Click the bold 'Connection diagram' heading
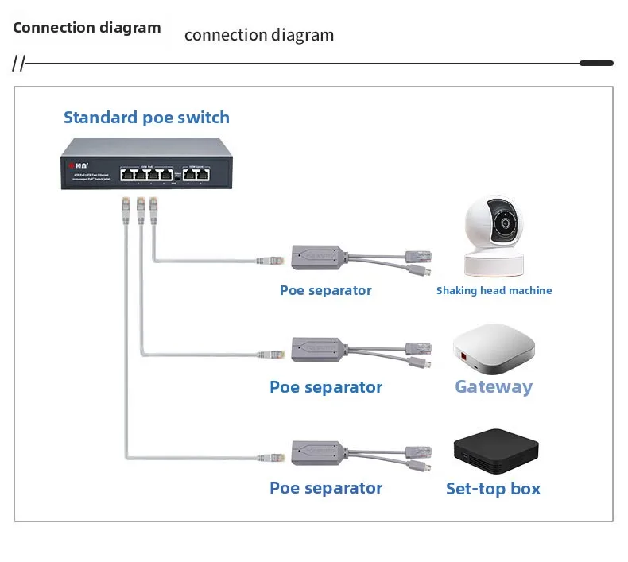coord(87,28)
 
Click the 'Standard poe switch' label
coord(146,118)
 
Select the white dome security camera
coord(492,235)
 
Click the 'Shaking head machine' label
coord(494,291)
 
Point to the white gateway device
coord(494,351)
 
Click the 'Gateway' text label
coord(494,387)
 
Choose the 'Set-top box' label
coord(493,489)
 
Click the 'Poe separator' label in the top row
coord(325,291)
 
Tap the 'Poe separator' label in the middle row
coord(326,388)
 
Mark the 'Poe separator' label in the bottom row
coord(326,489)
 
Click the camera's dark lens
coord(503,225)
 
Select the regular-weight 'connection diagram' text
coord(259,36)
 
